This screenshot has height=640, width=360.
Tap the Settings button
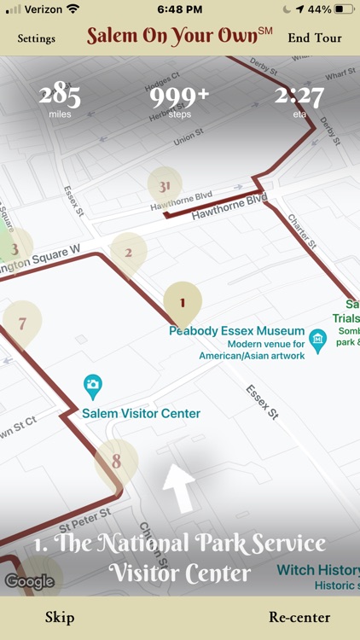coord(36,38)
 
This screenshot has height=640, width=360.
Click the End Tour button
coord(315,38)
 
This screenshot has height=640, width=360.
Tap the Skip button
coord(60,617)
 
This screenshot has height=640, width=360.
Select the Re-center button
coord(299,617)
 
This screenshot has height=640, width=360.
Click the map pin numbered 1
coord(182,302)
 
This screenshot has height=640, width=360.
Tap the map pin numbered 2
coord(128,253)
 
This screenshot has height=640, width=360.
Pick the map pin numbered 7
coord(22,323)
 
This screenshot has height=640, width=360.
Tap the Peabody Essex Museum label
coord(236,331)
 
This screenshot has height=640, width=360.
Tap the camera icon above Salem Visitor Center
coord(93,386)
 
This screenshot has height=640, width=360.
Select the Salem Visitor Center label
coord(142,414)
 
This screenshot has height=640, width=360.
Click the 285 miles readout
coord(60,98)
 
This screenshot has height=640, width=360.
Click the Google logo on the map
coord(29,582)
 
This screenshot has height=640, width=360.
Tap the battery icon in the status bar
coord(344,9)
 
